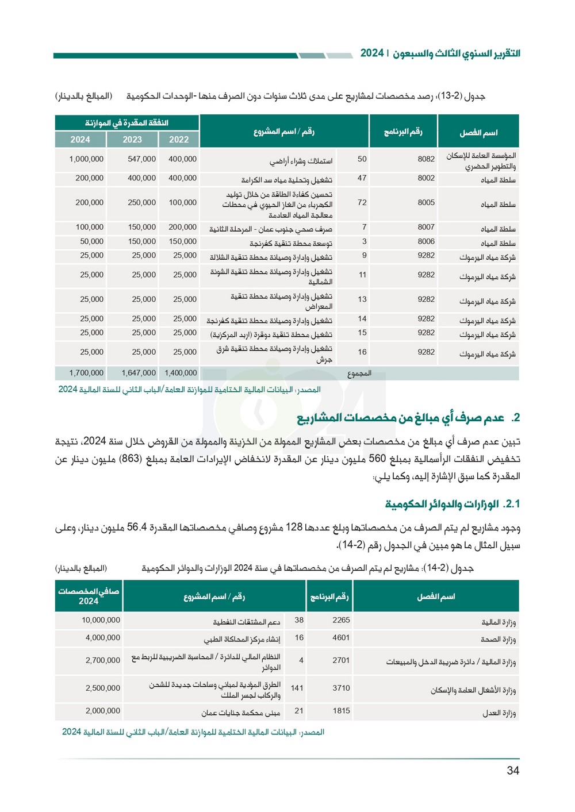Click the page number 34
pos(513,771)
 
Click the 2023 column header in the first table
pos(132,140)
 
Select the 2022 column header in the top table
pos(179,140)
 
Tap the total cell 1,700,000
pos(86,373)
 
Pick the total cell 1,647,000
pos(139,373)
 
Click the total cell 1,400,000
pos(181,373)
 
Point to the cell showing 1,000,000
pos(86,159)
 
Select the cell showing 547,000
pos(141,159)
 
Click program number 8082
pos(426,159)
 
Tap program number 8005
pos(426,203)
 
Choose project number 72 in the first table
pos(362,203)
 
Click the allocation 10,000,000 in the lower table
pos(101,620)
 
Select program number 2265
pos(341,620)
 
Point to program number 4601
pos(341,638)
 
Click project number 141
pos(297,688)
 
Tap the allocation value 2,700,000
pos(103,661)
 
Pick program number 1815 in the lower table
pos(341,711)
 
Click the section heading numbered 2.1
pos(452,504)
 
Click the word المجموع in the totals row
pos(359,374)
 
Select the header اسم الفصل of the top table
pos(478,133)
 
